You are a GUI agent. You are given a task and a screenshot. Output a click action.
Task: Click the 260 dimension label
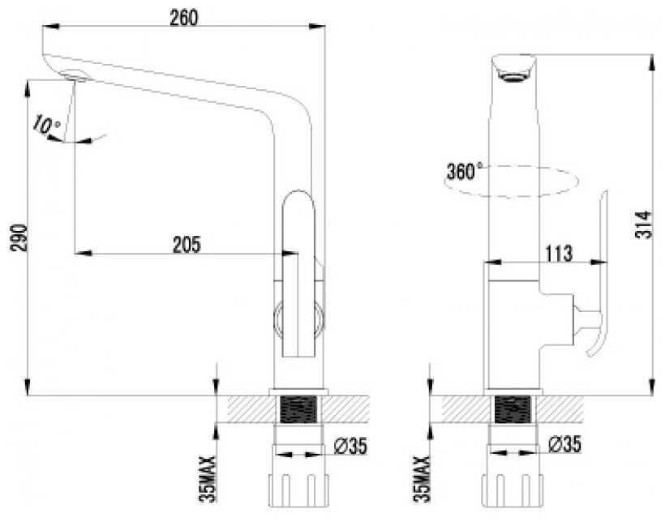[183, 18]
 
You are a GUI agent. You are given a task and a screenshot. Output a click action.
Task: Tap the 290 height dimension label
[19, 237]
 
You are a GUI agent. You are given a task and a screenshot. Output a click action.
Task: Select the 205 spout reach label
[187, 245]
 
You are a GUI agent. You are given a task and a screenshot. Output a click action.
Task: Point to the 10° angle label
[45, 125]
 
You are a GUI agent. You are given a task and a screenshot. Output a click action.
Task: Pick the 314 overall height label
[643, 225]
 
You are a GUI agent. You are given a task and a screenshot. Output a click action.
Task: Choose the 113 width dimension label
[559, 254]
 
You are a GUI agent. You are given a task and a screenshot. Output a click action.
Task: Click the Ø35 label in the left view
[350, 445]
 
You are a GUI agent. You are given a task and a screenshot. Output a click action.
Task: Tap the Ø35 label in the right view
[564, 444]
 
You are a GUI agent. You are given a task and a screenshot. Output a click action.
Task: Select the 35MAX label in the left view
[208, 479]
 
